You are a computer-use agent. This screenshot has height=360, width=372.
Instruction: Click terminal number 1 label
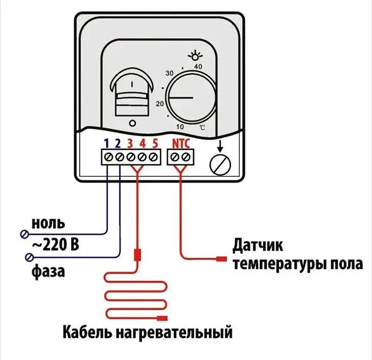pos(107,143)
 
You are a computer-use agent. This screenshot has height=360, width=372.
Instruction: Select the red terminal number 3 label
pos(130,143)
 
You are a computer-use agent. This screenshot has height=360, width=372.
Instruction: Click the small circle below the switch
pos(132,123)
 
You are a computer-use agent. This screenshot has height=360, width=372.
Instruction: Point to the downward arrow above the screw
pos(220,146)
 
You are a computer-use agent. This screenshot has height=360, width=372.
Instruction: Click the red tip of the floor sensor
pos(221,259)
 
